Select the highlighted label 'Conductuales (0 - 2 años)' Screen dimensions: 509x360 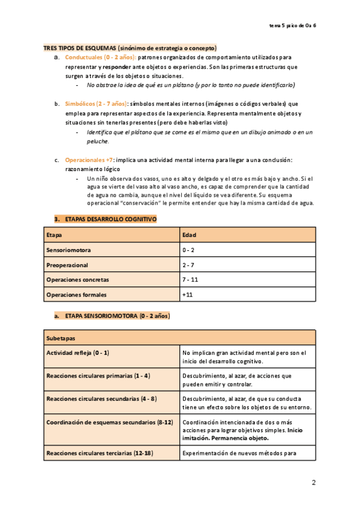101,56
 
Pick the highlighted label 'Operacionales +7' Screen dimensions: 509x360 89,160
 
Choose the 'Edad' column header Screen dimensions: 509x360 189,235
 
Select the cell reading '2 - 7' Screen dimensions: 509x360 188,265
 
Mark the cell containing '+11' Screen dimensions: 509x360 187,295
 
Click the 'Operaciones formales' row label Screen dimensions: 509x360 76,295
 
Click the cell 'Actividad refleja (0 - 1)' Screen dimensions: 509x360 78,353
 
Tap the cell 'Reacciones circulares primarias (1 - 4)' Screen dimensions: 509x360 98,376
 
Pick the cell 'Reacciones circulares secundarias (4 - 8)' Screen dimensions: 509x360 101,399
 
